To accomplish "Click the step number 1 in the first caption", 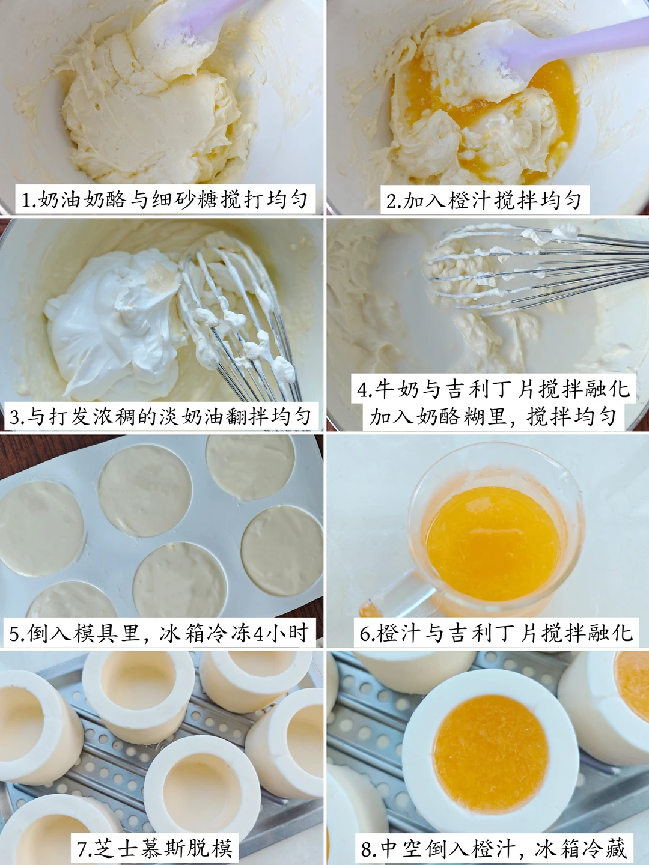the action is [26, 201].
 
